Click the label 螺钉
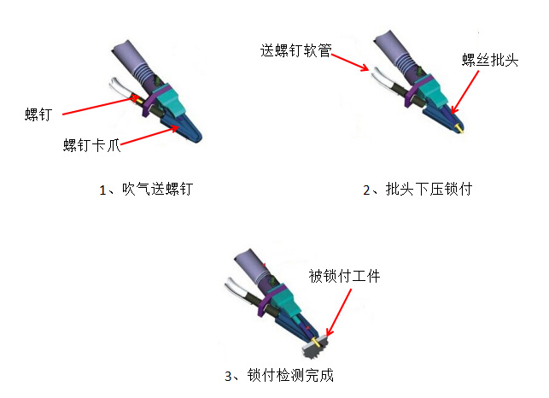click(x=38, y=114)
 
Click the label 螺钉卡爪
click(x=91, y=145)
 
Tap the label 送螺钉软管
click(x=296, y=50)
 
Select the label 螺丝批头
click(x=490, y=60)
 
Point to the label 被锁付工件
click(x=344, y=276)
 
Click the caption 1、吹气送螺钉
click(x=146, y=190)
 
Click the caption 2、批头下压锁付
click(x=418, y=190)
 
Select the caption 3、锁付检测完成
click(x=279, y=375)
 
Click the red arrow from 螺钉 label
click(x=101, y=105)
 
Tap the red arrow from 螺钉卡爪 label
click(x=149, y=135)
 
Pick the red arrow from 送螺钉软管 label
click(x=350, y=62)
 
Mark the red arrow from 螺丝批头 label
click(x=465, y=92)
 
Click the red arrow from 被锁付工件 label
click(x=339, y=313)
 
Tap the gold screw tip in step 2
click(x=459, y=129)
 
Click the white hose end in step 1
click(x=119, y=86)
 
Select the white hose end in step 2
click(x=382, y=77)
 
